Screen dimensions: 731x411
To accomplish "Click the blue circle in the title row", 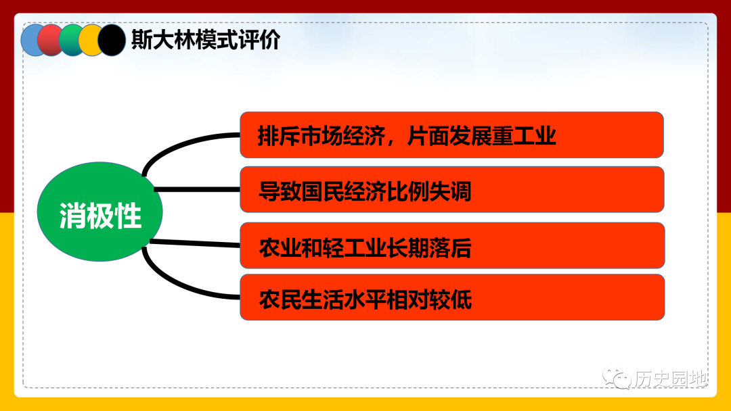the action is tap(30, 41).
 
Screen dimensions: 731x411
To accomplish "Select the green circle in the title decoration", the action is tap(69, 41).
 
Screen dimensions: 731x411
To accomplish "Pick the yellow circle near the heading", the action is tap(89, 41).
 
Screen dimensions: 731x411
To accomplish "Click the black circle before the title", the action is tap(112, 41).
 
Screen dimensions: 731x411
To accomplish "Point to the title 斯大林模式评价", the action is tap(206, 40).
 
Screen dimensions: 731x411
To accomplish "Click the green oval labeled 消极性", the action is tap(99, 212).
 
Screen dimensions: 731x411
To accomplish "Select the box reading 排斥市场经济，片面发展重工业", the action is tap(451, 135).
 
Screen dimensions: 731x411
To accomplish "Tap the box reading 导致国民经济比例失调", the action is tap(452, 189).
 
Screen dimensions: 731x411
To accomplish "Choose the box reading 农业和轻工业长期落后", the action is tap(452, 245).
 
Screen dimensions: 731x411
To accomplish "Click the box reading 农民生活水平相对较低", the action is tap(452, 297).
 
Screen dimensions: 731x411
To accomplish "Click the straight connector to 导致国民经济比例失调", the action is tap(197, 189).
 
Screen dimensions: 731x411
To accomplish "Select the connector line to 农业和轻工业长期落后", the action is tap(195, 243).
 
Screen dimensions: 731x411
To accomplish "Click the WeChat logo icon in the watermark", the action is tap(617, 377).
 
